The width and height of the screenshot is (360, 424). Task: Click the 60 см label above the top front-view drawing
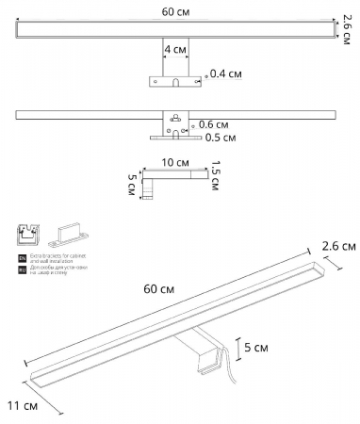click(176, 11)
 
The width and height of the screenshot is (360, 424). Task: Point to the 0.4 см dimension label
click(225, 73)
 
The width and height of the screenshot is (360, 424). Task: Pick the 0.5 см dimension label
click(221, 138)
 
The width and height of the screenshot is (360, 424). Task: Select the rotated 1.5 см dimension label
click(216, 174)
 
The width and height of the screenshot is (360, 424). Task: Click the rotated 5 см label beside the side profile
click(132, 185)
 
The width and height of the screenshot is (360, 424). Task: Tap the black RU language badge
click(23, 269)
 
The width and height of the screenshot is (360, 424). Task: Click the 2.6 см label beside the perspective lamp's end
click(338, 246)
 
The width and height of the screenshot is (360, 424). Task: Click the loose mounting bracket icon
click(70, 232)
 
